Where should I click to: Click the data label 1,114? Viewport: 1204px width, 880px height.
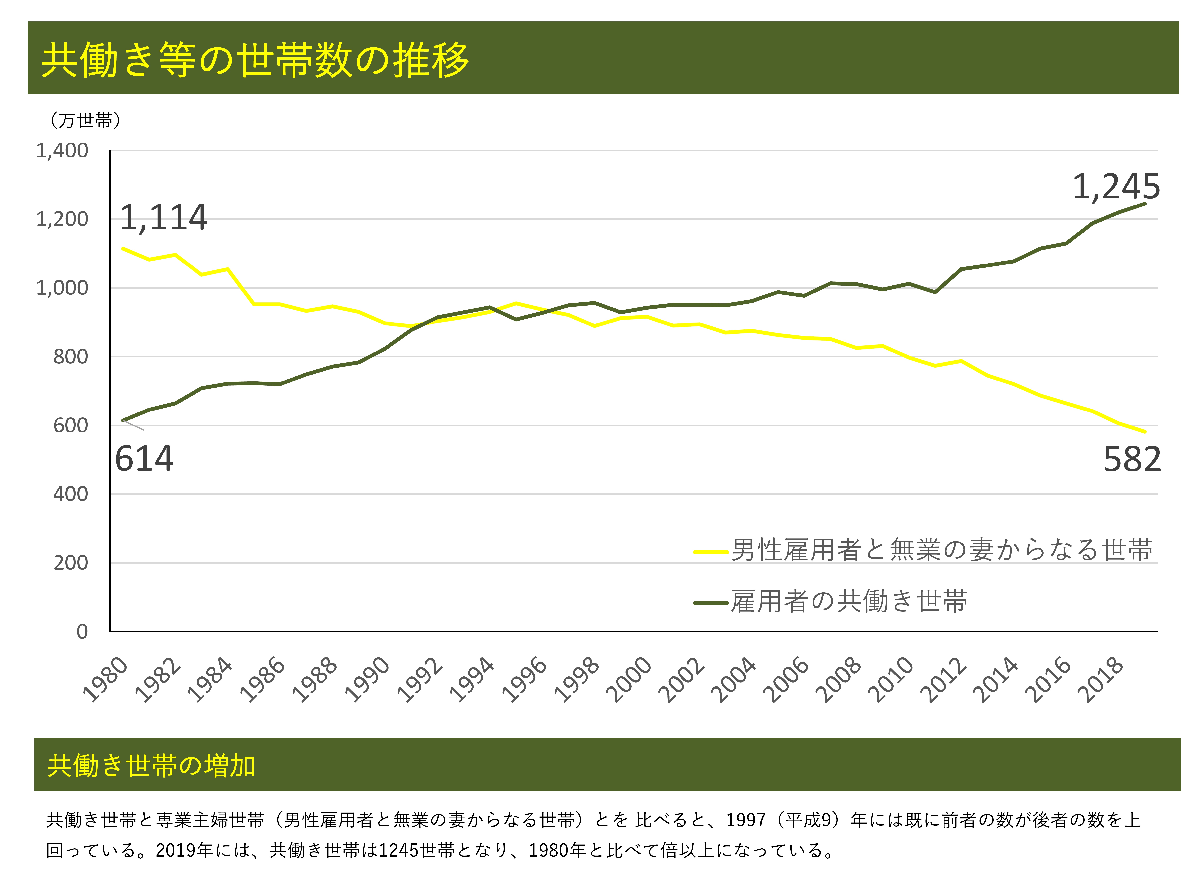click(x=163, y=218)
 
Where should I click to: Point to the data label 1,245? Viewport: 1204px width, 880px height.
click(x=1116, y=187)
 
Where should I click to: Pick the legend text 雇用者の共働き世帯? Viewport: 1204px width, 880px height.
click(x=848, y=601)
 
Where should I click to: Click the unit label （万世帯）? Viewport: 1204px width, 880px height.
click(x=85, y=120)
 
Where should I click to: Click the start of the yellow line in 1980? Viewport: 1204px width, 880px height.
click(x=123, y=248)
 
